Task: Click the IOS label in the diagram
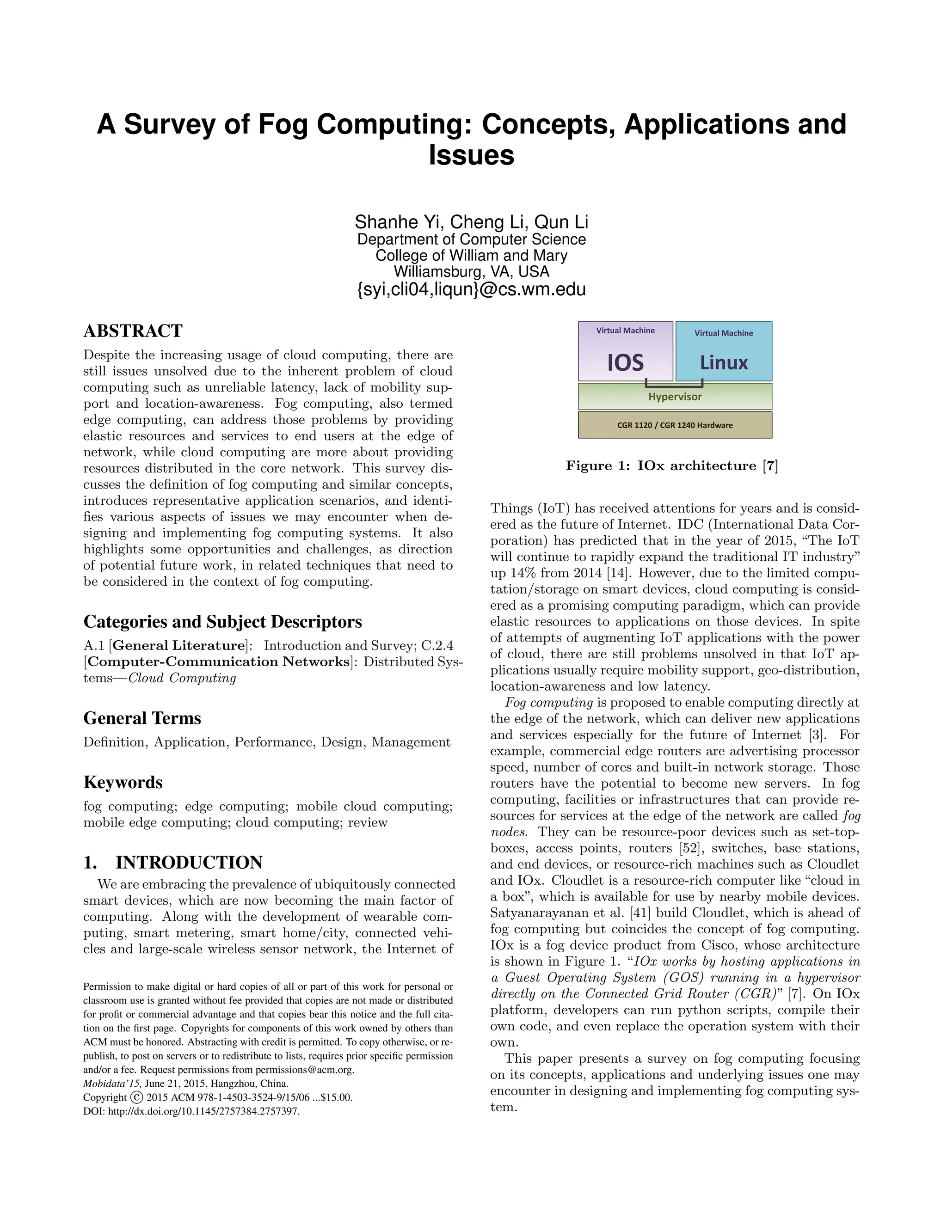pos(625,363)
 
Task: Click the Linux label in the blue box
pos(723,363)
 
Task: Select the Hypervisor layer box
pos(675,397)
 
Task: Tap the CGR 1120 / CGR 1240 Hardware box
pos(675,425)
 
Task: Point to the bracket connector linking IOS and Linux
pos(674,386)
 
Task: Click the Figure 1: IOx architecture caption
pos(671,466)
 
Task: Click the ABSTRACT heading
pos(133,331)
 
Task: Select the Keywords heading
pos(123,783)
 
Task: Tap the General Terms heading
pos(142,718)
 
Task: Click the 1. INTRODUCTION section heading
pos(173,863)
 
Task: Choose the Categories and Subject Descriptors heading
pos(223,622)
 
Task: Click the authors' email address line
pos(471,290)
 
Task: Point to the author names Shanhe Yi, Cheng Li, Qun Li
pos(471,222)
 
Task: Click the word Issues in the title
pos(471,155)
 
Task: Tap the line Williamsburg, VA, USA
pos(471,272)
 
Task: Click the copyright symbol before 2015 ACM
pos(136,1098)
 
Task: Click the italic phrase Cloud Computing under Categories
pos(182,678)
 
